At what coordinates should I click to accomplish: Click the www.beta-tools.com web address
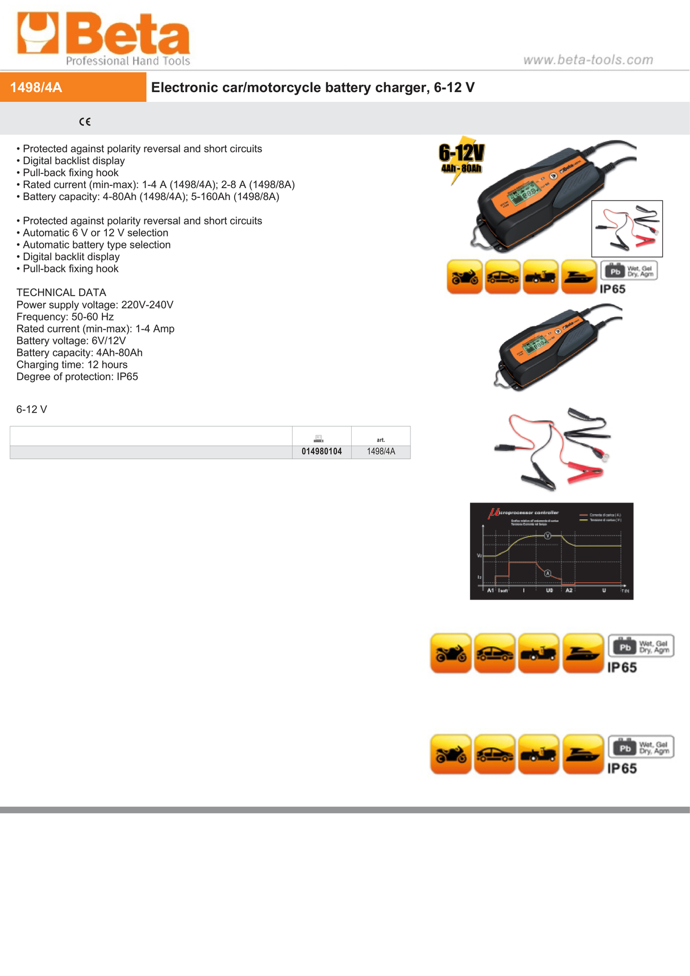coord(588,60)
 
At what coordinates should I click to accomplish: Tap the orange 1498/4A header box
coord(73,87)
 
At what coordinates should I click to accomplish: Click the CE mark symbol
coord(85,121)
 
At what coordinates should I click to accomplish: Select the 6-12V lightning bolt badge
coord(461,159)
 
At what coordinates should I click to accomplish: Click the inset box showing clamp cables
coord(627,229)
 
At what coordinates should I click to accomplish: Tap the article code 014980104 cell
coord(322,451)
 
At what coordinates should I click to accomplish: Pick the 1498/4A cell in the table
coord(381,451)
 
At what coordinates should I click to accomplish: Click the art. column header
coord(381,439)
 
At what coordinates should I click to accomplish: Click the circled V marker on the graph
coord(548,535)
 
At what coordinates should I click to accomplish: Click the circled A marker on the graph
coord(548,573)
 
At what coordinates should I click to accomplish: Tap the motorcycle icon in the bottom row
coord(451,754)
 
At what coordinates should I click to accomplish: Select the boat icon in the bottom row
coord(583,754)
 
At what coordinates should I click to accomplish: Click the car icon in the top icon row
coord(502,277)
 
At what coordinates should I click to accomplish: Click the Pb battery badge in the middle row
coord(625,646)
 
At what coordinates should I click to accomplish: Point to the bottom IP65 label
coord(622,769)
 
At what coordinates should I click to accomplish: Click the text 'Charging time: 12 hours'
coord(72,364)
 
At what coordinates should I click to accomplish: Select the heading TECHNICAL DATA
coord(61,292)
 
